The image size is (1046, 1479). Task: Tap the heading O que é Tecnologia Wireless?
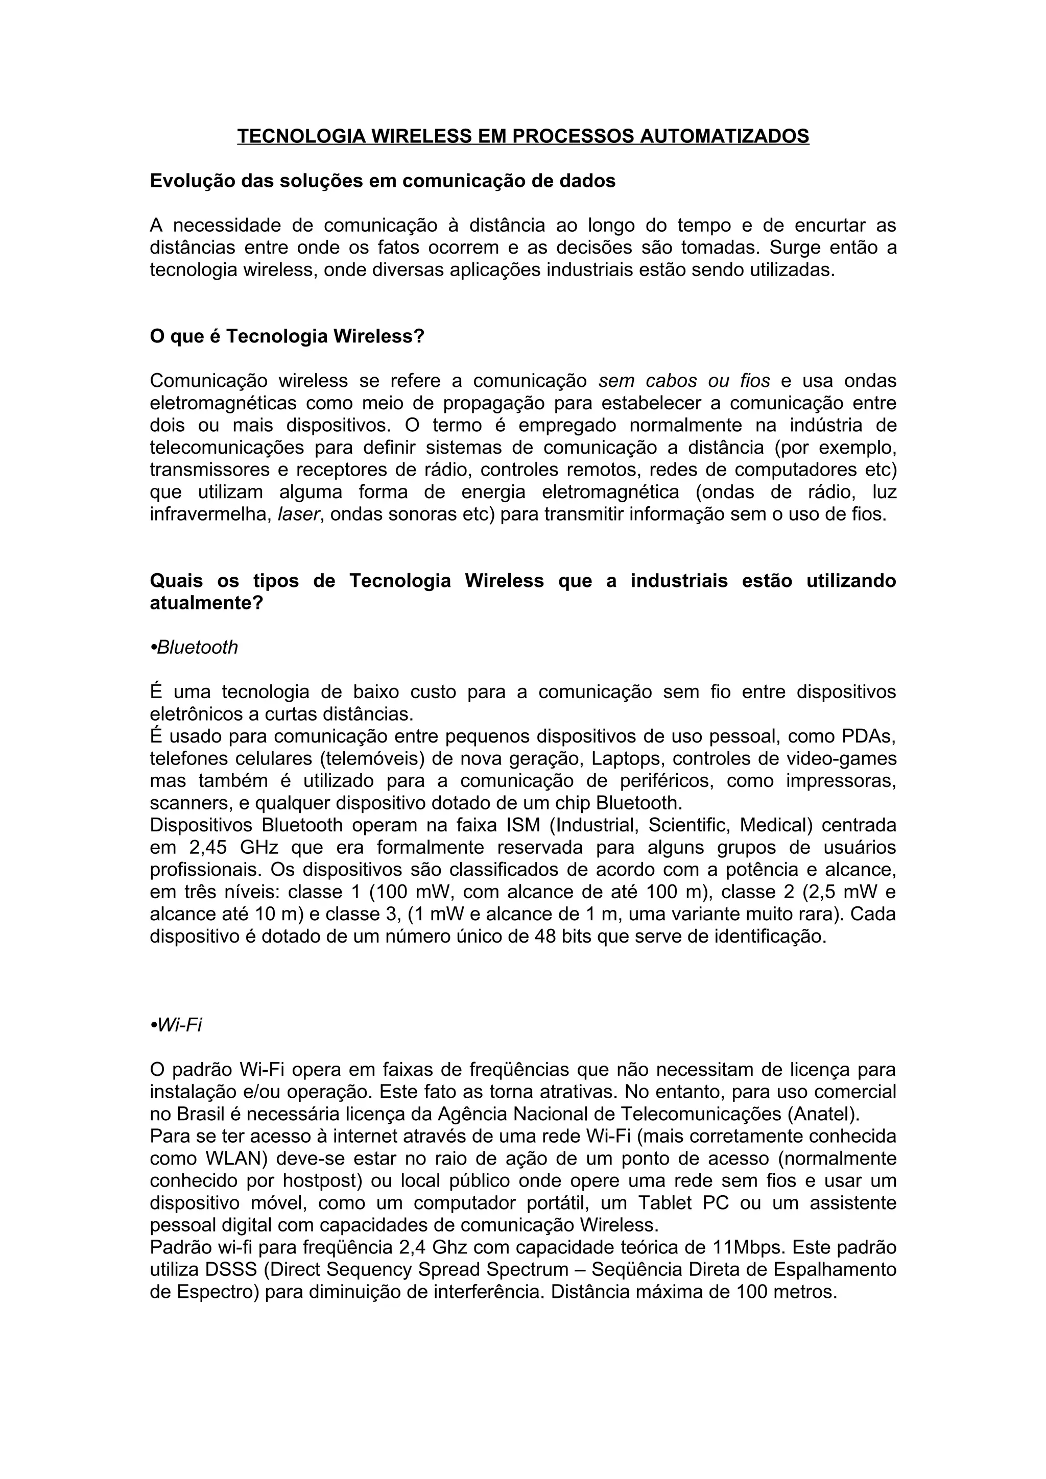tap(287, 336)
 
